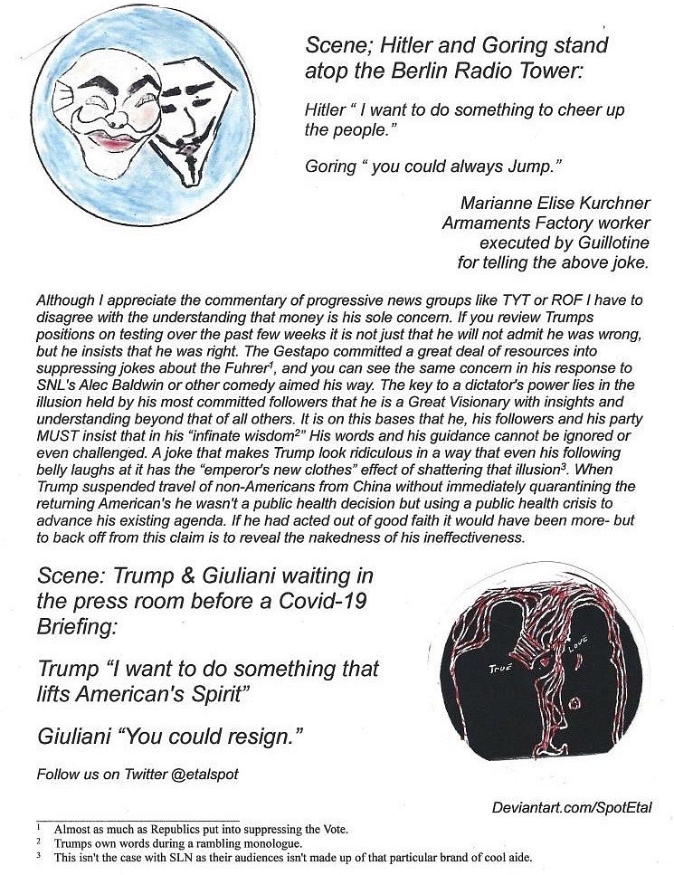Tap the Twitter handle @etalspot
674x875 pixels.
pyautogui.click(x=211, y=775)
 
